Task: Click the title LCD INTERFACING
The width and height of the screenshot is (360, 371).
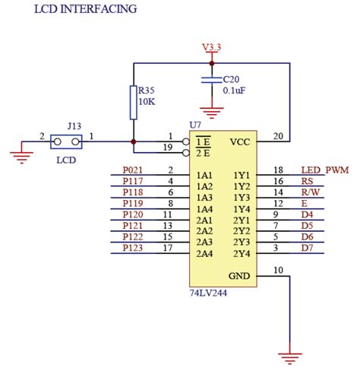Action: pos(85,10)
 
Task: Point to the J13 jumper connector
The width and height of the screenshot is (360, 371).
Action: pos(67,141)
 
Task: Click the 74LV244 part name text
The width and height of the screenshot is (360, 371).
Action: pos(208,291)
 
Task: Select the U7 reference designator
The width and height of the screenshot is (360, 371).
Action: pos(195,125)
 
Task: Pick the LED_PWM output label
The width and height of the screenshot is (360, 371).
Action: pos(324,170)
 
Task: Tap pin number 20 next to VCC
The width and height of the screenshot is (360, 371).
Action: pos(278,136)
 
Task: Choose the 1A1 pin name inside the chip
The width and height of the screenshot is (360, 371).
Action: pos(204,175)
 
